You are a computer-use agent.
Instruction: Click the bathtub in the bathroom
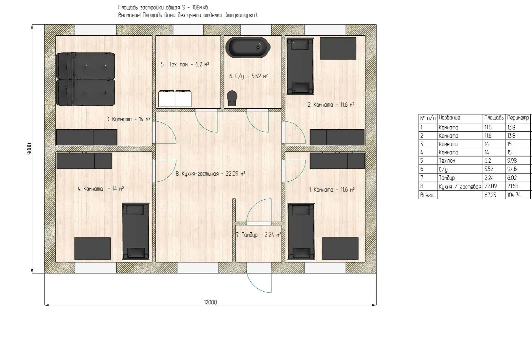(248, 47)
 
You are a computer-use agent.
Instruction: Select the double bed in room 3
(85, 79)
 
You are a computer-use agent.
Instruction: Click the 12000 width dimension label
(210, 302)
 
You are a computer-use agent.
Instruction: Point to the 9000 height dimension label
(29, 149)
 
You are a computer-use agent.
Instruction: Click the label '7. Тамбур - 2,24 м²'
(258, 235)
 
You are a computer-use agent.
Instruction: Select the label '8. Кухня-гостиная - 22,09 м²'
(210, 174)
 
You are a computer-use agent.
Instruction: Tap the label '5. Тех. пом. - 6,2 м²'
(185, 64)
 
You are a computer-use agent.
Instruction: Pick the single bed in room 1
(301, 231)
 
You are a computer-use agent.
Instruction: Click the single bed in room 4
(136, 231)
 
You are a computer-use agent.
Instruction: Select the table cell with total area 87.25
(494, 195)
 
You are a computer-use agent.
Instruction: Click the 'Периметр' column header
(518, 118)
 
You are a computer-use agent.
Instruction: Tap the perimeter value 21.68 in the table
(513, 186)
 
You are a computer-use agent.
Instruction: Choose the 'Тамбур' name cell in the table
(447, 178)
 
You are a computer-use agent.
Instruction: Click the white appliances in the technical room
(175, 98)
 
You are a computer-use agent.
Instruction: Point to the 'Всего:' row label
(427, 195)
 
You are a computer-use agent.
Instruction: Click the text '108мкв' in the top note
(200, 8)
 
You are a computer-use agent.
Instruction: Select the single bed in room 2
(300, 67)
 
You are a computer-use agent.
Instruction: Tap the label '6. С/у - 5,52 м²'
(248, 76)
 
